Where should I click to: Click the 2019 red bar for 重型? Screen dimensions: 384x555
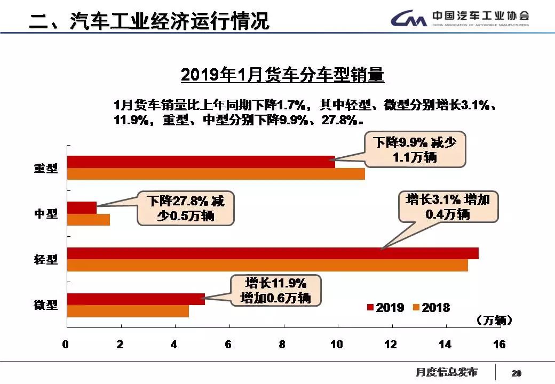(201, 162)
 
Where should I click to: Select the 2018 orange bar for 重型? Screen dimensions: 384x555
(216, 174)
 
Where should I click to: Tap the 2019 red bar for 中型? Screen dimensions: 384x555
(82, 207)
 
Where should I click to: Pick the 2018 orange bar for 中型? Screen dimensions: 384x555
(88, 219)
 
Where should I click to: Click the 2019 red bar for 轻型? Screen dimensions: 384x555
(272, 253)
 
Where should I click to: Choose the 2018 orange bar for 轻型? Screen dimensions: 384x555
(267, 265)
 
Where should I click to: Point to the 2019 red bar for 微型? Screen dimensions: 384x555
(136, 299)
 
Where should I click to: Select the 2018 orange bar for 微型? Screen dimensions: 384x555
(128, 311)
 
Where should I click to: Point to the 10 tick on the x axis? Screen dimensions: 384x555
(336, 345)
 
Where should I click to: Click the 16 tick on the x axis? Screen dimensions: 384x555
(499, 345)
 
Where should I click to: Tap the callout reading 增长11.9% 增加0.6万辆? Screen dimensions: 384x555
(275, 290)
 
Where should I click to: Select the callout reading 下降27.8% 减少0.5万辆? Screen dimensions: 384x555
(185, 209)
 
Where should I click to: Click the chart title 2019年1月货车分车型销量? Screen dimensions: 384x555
(282, 75)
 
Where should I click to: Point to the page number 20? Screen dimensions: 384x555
(517, 373)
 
